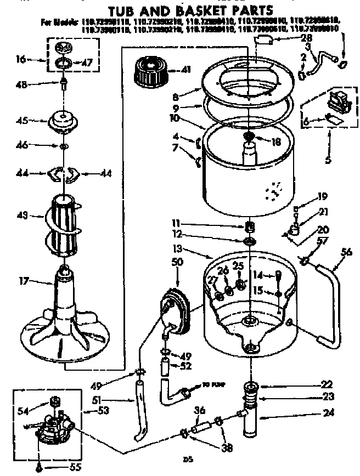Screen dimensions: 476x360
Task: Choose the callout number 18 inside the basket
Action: [276, 141]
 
